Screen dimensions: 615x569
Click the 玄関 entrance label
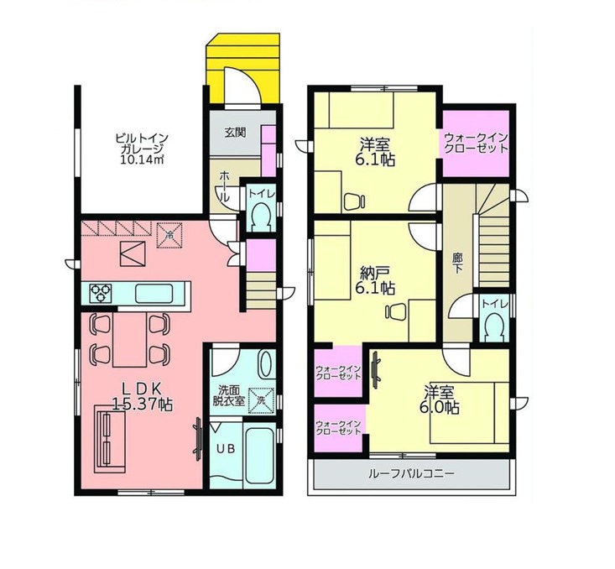[235, 133]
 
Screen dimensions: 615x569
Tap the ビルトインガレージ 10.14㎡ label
[142, 149]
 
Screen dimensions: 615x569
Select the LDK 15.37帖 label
[143, 396]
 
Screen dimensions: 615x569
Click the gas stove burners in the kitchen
[101, 293]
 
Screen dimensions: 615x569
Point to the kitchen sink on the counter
[154, 294]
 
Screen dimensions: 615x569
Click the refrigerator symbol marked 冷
[169, 236]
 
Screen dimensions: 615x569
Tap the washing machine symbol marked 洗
[261, 400]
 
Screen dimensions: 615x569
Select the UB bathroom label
[227, 448]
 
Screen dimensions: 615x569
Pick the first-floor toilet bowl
[259, 218]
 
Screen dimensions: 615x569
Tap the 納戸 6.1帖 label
[375, 280]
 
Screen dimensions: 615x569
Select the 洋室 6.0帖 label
[440, 399]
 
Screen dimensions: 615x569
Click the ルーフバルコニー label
[411, 473]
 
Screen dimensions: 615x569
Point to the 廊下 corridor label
[457, 264]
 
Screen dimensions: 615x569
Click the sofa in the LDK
[109, 440]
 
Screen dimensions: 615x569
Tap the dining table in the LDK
[129, 339]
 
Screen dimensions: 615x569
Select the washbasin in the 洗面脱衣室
[266, 363]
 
